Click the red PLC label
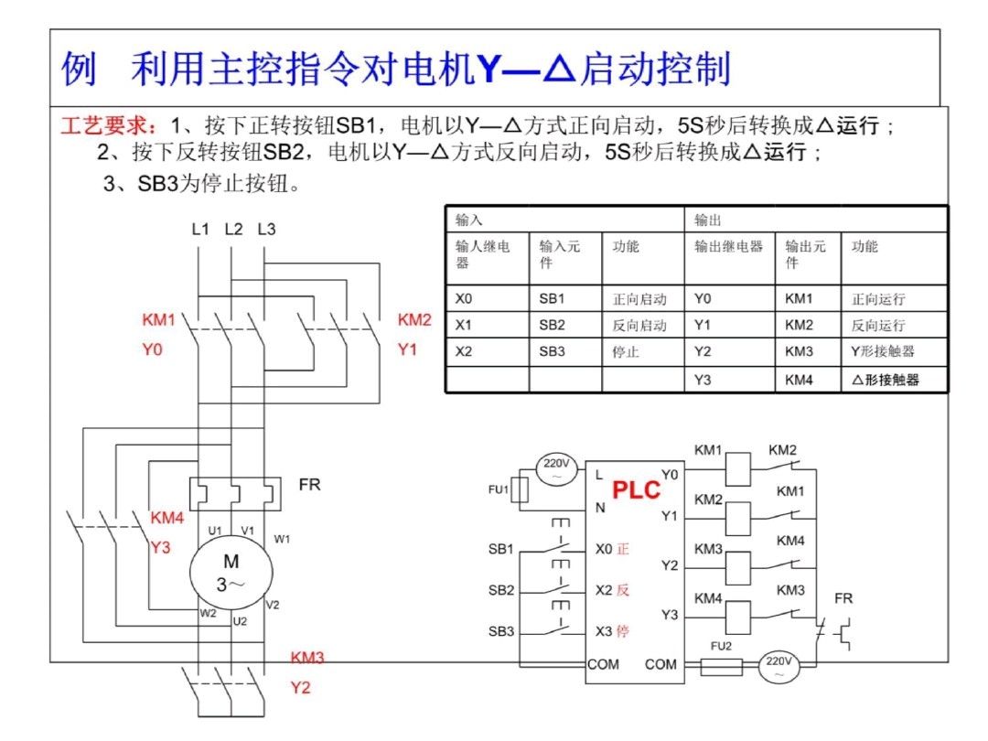pos(636,489)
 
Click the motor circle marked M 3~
pos(231,573)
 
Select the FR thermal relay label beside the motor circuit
pos(310,484)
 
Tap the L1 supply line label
pos(200,229)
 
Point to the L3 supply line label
pos(266,229)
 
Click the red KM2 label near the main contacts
pos(414,320)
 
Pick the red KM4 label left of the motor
pos(167,519)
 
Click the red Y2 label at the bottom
pos(300,687)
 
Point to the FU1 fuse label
pos(498,489)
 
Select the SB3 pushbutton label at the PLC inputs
pos(500,631)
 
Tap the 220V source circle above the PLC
pos(556,468)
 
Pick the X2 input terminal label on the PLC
pos(604,590)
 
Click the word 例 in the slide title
pos(80,70)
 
